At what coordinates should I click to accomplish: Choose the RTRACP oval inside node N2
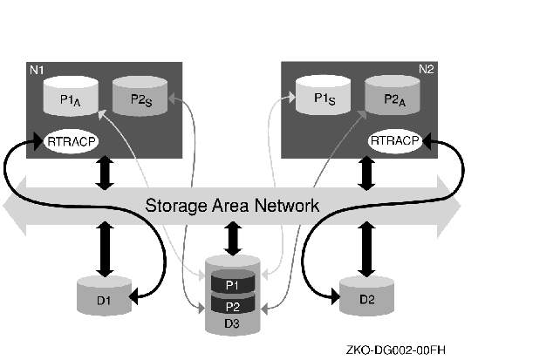coord(395,140)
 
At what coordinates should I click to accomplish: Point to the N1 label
coord(37,69)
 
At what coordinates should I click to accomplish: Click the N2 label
coord(426,69)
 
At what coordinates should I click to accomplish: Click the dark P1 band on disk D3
coord(233,284)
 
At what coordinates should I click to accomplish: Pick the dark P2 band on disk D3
coord(233,305)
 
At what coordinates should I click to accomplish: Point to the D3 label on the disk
coord(233,323)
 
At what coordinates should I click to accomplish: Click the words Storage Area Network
coord(232,206)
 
